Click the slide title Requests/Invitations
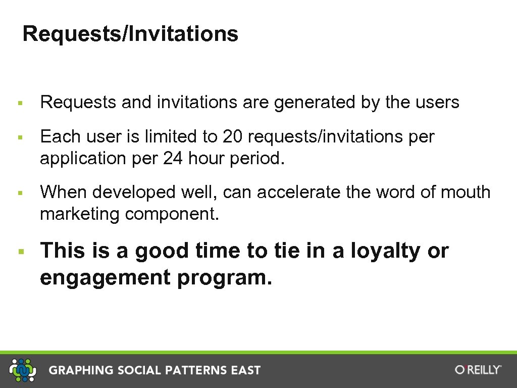[130, 34]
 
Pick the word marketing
[80, 214]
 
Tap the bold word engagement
[105, 278]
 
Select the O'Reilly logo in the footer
[478, 370]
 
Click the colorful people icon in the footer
[23, 370]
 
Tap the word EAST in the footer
[246, 370]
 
